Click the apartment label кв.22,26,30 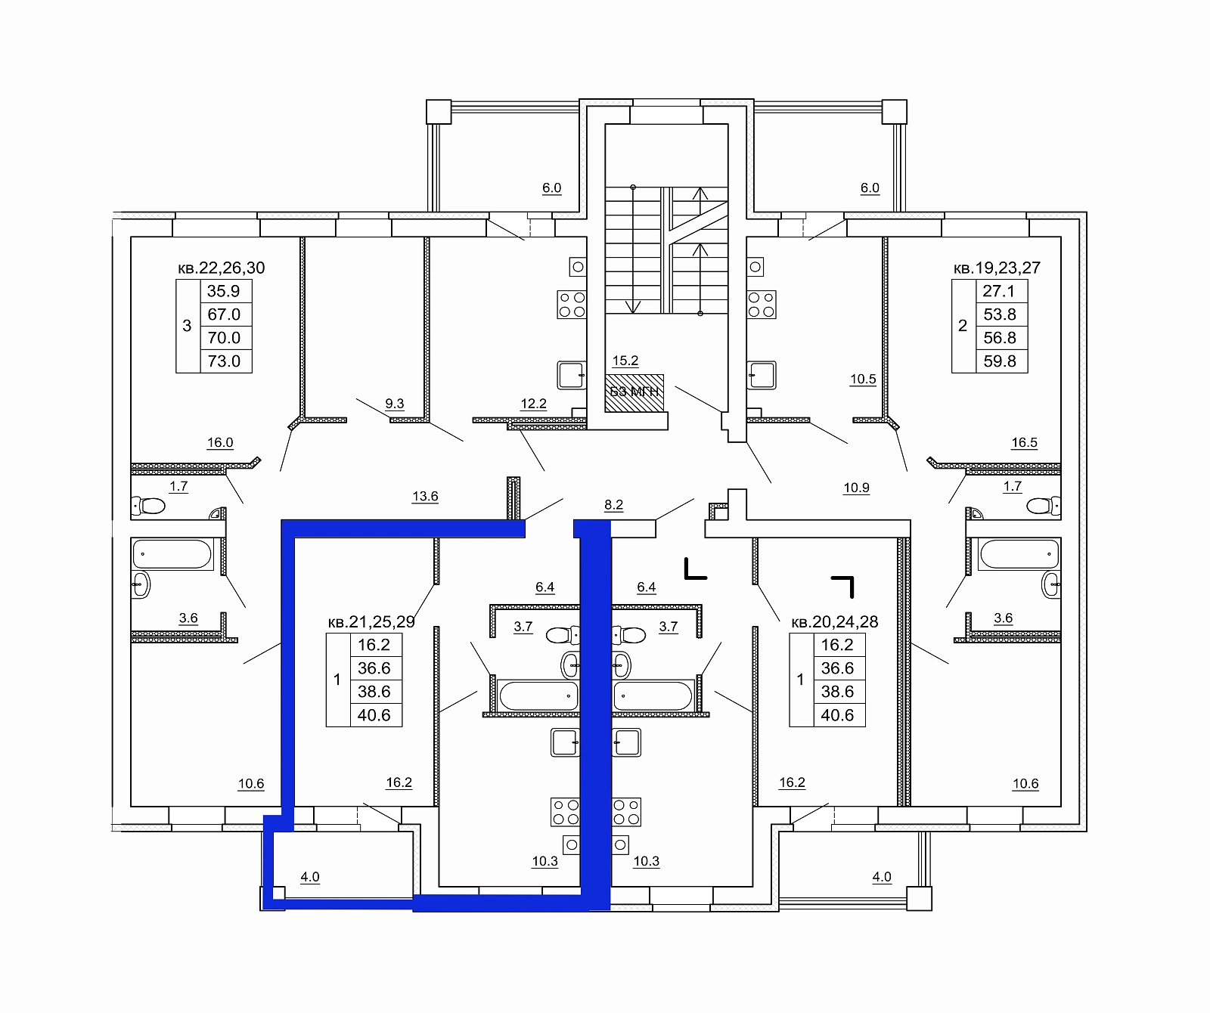point(222,268)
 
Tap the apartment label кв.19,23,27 point(997,268)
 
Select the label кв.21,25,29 point(371,622)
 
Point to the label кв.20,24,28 point(835,622)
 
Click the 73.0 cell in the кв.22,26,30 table point(225,361)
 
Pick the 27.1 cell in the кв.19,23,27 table point(999,291)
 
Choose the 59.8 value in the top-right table point(1000,361)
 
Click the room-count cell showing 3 point(188,326)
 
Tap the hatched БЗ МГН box point(634,392)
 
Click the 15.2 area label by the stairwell point(625,361)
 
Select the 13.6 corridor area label point(425,497)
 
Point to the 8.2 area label point(614,505)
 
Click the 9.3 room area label point(395,404)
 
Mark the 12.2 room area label point(533,404)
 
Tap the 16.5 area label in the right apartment point(1025,443)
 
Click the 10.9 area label point(856,488)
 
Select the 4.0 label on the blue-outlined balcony point(310,877)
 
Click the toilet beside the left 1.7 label point(148,505)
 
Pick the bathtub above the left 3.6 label point(172,554)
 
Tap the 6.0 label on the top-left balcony point(552,188)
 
